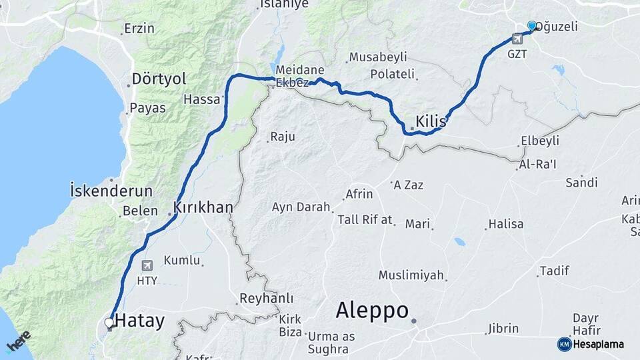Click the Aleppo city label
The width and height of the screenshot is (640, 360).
pos(371,311)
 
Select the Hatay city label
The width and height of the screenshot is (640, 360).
pos(139,321)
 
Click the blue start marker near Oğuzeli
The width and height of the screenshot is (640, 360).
pos(532,26)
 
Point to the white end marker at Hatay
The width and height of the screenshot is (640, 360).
pos(109,323)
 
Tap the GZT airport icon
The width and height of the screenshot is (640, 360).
pos(517,39)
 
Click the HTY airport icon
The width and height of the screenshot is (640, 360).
pos(147,266)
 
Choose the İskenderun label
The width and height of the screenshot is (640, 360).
pos(111,191)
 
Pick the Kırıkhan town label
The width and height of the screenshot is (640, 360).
pos(203,207)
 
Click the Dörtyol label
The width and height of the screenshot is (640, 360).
pos(159,79)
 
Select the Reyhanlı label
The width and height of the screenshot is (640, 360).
pos(266,298)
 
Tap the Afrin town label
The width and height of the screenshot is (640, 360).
pos(359,195)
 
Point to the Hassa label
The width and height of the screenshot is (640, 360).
pos(201,99)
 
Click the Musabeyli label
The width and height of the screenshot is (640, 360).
pos(376,56)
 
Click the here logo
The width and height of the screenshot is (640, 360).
pos(18,342)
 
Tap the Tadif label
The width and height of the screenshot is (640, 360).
pos(554,271)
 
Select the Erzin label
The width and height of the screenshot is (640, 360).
pos(139,29)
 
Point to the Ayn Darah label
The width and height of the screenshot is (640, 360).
pos(301,207)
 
